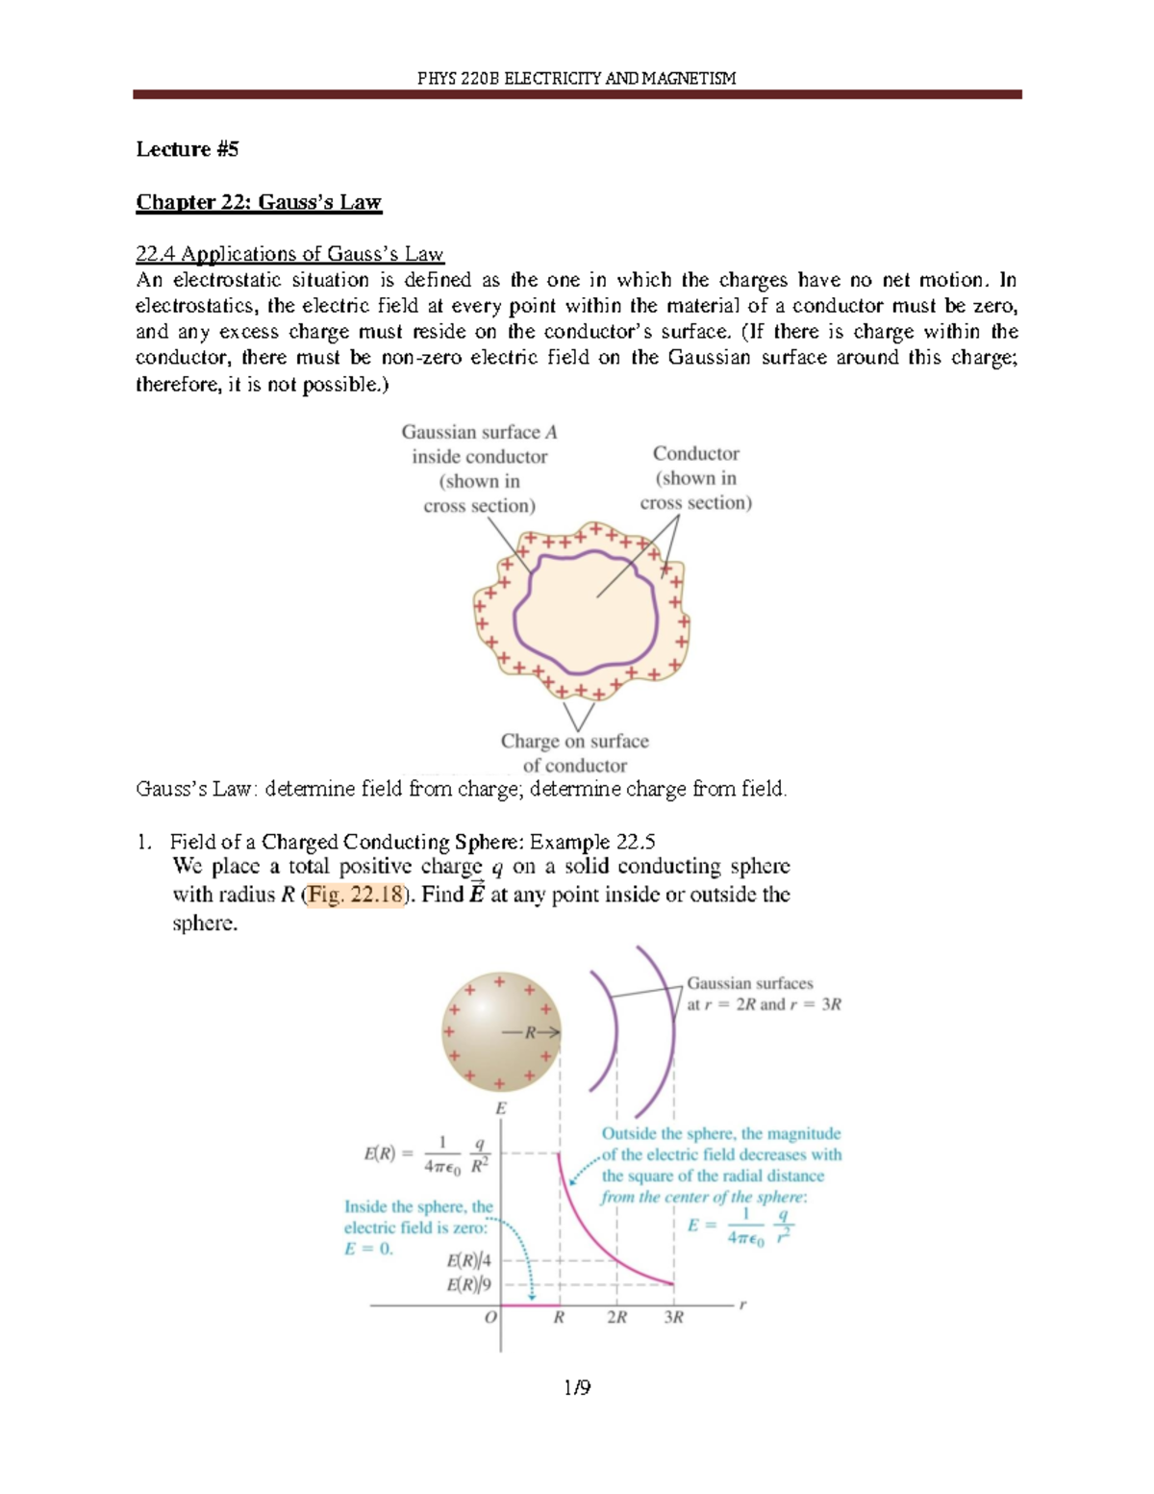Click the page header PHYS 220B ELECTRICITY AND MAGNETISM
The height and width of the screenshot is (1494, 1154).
point(576,78)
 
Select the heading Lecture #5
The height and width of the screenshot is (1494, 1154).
point(187,149)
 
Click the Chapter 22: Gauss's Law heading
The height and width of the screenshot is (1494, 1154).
point(259,202)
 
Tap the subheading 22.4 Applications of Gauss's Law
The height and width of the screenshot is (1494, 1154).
point(289,254)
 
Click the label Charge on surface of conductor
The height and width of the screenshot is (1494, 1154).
point(574,753)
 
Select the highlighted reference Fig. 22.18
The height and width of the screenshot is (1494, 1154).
point(354,895)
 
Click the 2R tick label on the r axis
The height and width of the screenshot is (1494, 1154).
point(616,1317)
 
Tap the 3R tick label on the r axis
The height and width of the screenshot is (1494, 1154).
point(673,1317)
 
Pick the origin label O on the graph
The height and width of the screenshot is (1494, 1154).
point(490,1317)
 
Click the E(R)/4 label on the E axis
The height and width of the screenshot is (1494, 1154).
point(468,1260)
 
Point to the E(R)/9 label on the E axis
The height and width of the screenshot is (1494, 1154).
point(468,1284)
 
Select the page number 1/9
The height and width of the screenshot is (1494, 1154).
point(577,1387)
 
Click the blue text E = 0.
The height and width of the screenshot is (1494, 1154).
point(368,1249)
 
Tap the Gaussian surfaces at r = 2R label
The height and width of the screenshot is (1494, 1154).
point(764,994)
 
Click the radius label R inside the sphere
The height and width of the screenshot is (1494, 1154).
point(529,1033)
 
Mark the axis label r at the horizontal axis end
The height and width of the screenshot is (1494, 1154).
point(742,1304)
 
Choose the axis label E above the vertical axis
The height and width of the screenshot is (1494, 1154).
point(500,1108)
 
